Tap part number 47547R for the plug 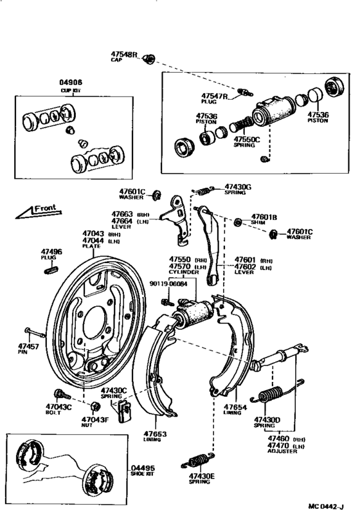pos(214,96)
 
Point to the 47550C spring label pos(246,138)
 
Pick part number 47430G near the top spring pos(238,187)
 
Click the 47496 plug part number pos(51,251)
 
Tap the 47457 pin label pos(28,346)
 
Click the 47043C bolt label pos(59,406)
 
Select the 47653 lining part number pos(155,433)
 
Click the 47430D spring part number pos(268,419)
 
